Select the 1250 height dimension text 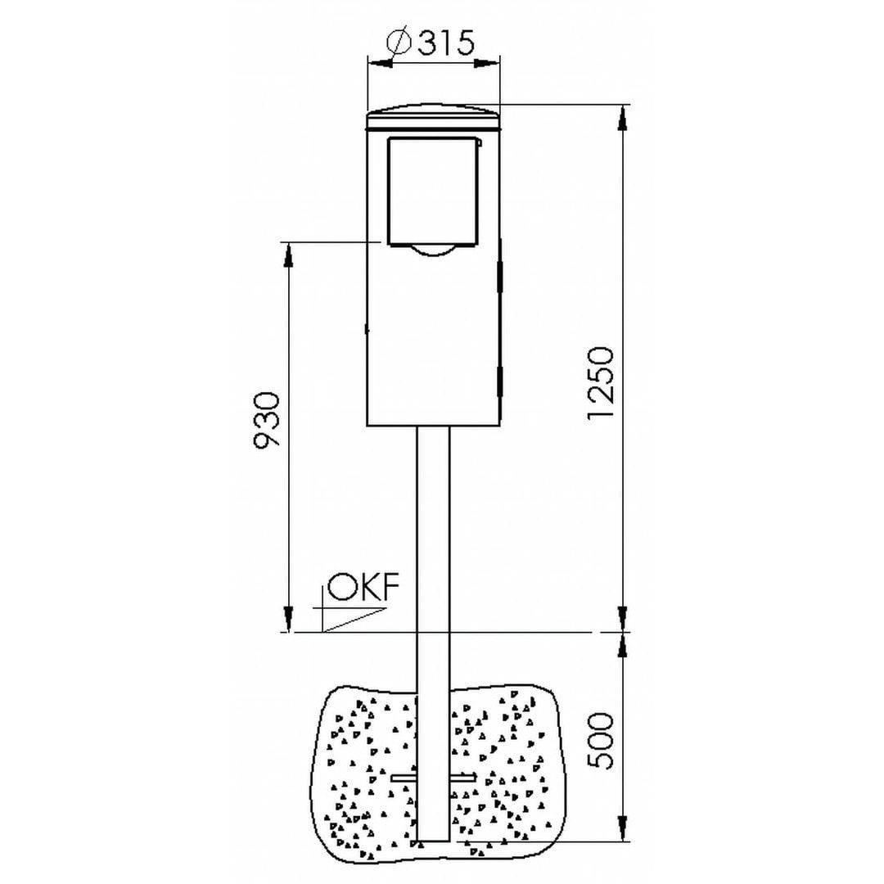(599, 383)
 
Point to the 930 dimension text (265, 420)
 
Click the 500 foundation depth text (599, 742)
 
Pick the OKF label (363, 587)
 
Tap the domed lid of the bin (433, 116)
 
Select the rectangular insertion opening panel (432, 192)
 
